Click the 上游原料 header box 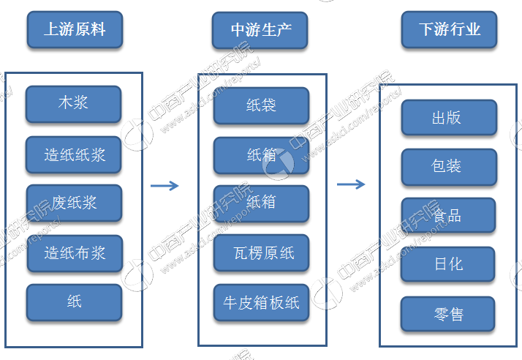tap(74, 30)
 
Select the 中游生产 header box tap(260, 30)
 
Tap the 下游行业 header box tap(449, 30)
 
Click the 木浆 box tap(74, 103)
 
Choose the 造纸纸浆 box tap(74, 155)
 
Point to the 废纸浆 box tap(74, 203)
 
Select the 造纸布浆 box tap(74, 253)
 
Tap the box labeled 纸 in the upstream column tap(74, 302)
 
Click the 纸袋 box tap(261, 106)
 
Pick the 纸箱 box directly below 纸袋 tap(261, 155)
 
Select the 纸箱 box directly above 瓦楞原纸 tap(261, 203)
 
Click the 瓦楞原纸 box tap(261, 253)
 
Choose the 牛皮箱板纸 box tap(261, 302)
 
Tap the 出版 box tap(448, 118)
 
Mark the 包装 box tap(448, 167)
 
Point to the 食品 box tap(448, 216)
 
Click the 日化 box tap(448, 264)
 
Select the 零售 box tap(448, 315)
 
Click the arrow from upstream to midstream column tap(164, 186)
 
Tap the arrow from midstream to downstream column tap(351, 184)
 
